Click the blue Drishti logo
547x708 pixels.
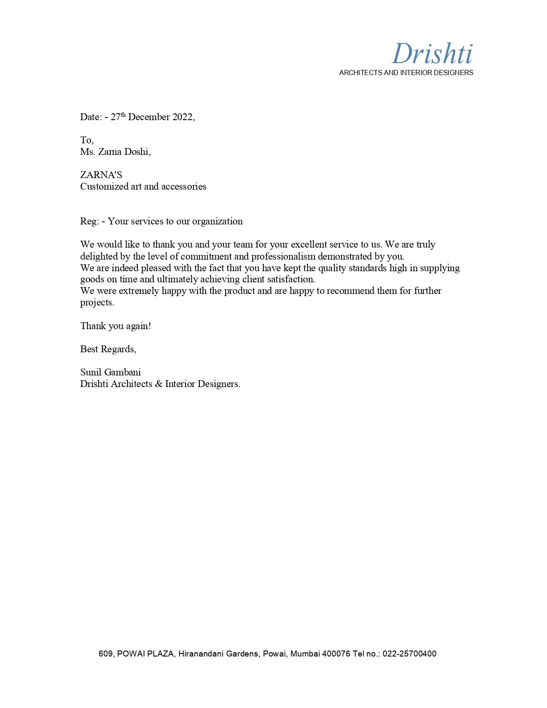(x=432, y=54)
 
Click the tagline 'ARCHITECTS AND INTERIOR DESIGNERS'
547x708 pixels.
(x=406, y=73)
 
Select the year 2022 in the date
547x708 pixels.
(x=182, y=117)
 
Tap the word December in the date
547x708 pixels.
(x=149, y=117)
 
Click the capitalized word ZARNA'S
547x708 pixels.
(x=101, y=175)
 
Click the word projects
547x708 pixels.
(x=97, y=303)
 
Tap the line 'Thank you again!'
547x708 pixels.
(x=115, y=326)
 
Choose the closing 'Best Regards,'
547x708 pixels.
(x=108, y=349)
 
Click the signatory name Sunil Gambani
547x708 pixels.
(x=110, y=372)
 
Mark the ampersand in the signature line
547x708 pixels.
(x=158, y=384)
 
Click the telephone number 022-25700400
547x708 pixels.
(x=409, y=654)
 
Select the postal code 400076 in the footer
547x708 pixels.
(x=336, y=654)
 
